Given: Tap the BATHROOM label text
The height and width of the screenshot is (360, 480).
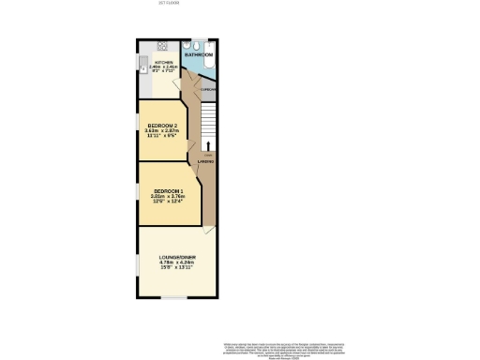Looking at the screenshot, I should (x=197, y=55).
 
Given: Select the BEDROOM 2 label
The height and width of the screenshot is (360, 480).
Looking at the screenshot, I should (x=162, y=125).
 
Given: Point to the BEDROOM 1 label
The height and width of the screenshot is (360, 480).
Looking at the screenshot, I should (x=169, y=191).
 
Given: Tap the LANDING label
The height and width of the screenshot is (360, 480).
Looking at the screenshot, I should (x=206, y=162).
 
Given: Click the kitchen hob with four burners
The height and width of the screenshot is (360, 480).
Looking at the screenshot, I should (x=162, y=45).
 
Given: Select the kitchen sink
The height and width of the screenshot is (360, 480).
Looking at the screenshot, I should (x=142, y=66).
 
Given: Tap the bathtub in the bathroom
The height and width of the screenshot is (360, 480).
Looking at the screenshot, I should (x=210, y=52).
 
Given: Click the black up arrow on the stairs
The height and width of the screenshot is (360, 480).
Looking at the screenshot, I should (x=209, y=142).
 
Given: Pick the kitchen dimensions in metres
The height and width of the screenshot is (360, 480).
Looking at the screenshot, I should (x=165, y=67).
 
